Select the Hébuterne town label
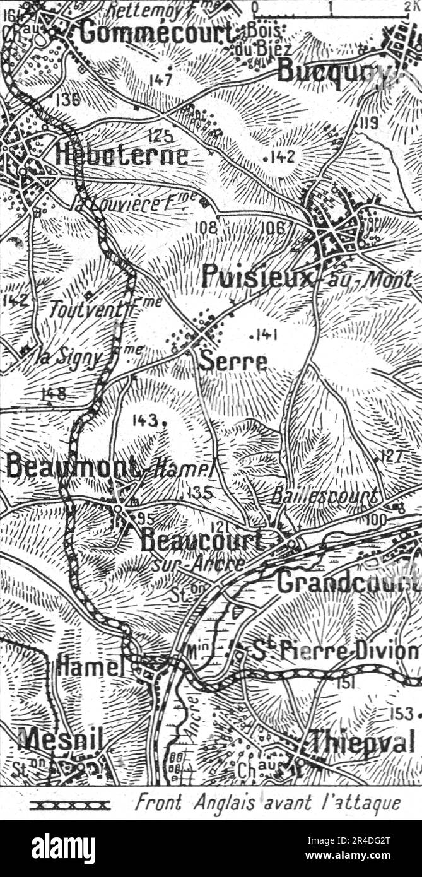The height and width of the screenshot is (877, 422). click(x=121, y=155)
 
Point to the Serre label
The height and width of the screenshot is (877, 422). click(x=233, y=362)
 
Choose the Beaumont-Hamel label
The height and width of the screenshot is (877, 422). click(x=107, y=467)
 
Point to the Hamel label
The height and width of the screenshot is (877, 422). click(x=90, y=665)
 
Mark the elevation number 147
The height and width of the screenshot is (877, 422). click(x=161, y=79)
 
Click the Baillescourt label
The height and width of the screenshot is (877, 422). click(x=324, y=495)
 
